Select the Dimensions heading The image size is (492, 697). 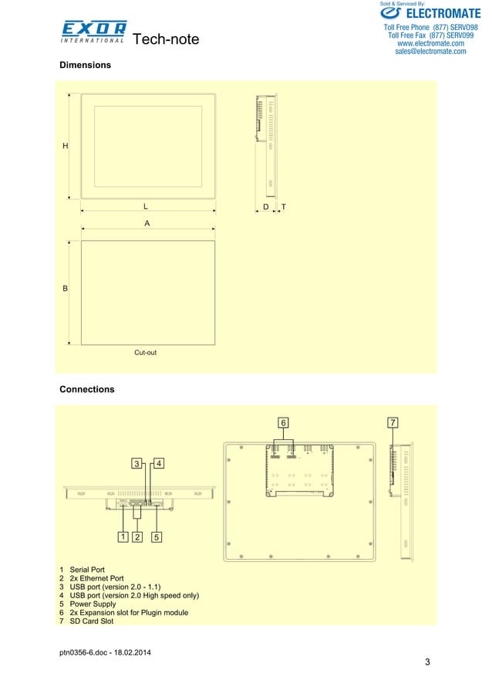click(x=85, y=66)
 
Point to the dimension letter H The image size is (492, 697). click(x=66, y=146)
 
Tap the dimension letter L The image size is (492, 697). click(x=145, y=207)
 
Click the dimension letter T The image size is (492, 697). click(x=284, y=208)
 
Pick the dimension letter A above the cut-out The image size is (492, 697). click(x=147, y=223)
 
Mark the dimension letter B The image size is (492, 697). click(x=66, y=289)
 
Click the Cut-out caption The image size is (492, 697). click(x=146, y=352)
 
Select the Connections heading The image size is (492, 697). click(x=87, y=389)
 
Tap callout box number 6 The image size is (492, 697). click(x=283, y=423)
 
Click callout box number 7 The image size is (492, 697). click(x=393, y=423)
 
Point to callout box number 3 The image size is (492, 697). click(x=136, y=464)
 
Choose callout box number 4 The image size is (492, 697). click(x=157, y=464)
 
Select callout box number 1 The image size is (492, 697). click(x=122, y=536)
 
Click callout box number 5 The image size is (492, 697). click(x=157, y=536)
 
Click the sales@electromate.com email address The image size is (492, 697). click(x=430, y=52)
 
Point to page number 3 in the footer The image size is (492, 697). click(x=427, y=663)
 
